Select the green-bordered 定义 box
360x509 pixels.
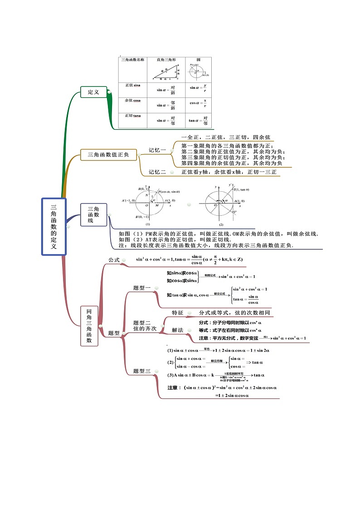tap(93, 92)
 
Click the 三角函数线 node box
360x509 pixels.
tap(93, 214)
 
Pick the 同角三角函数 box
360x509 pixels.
tap(89, 326)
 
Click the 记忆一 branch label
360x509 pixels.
tap(157, 150)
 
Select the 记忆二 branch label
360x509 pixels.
tap(157, 172)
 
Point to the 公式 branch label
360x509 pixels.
tap(113, 260)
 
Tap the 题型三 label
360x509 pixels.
tap(142, 371)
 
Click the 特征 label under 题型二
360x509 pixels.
tap(177, 313)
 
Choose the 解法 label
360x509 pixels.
tap(177, 330)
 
